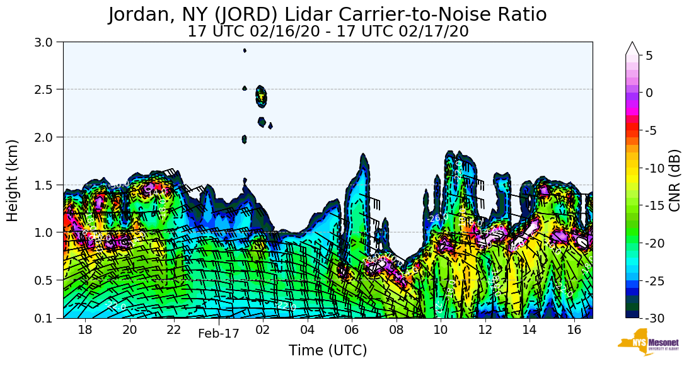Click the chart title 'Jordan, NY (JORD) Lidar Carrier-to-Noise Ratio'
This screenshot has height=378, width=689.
click(327, 14)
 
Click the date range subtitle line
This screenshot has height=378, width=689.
click(327, 31)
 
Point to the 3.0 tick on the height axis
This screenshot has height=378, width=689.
click(48, 42)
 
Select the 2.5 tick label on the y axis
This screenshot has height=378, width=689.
click(48, 89)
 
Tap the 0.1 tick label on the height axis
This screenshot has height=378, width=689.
click(48, 318)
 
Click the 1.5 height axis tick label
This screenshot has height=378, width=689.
click(48, 185)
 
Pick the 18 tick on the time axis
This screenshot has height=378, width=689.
click(85, 329)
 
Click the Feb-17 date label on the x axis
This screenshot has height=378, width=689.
click(218, 334)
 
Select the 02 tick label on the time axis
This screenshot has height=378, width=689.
click(263, 329)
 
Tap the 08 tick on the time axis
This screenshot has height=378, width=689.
click(396, 329)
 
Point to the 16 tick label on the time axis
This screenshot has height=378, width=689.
click(574, 329)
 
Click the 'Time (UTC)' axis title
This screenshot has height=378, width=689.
click(327, 350)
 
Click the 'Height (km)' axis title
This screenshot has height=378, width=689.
click(13, 180)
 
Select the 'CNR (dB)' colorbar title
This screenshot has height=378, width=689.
click(675, 180)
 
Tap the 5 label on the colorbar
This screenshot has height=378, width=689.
click(650, 55)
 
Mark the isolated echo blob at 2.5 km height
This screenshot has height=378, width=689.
click(261, 96)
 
